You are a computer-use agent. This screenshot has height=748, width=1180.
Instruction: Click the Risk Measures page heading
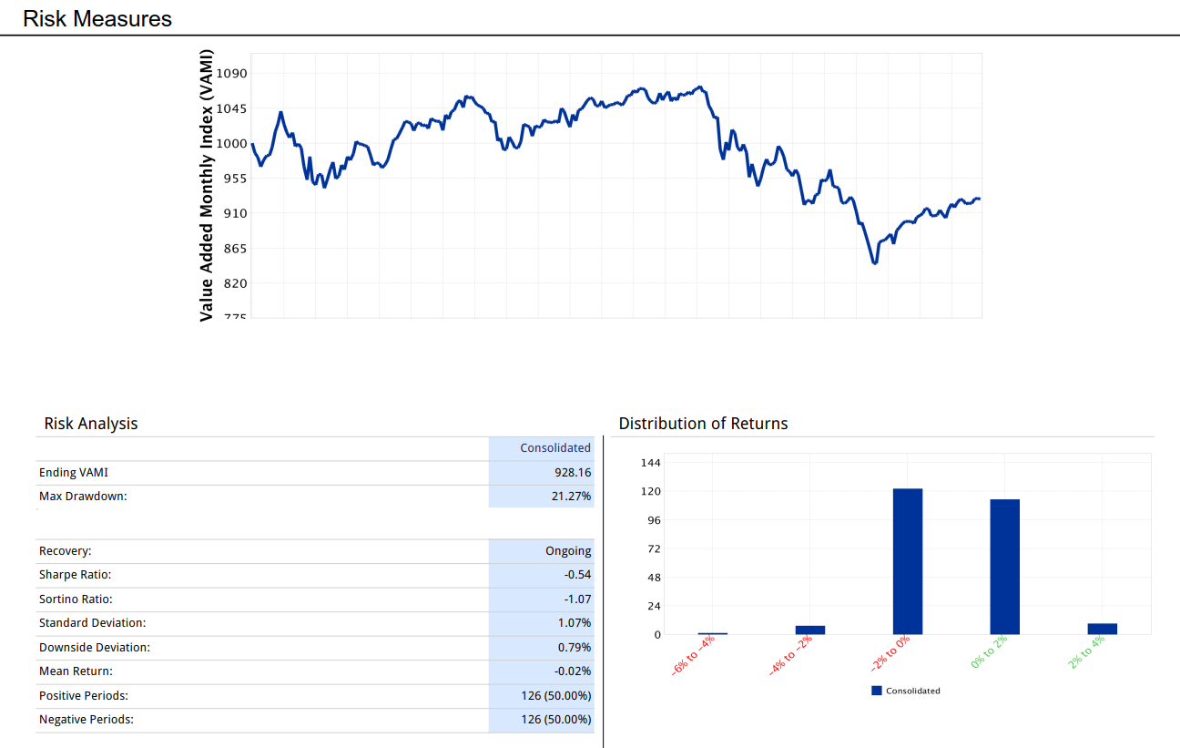(x=97, y=18)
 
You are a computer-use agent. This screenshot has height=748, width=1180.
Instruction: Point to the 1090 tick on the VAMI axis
(x=232, y=73)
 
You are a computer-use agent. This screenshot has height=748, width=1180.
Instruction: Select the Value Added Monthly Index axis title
(x=207, y=185)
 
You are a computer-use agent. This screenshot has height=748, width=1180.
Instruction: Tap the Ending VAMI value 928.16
(x=573, y=473)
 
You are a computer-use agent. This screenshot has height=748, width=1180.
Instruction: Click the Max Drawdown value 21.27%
(x=571, y=497)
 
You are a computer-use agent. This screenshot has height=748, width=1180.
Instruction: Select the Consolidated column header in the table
(x=555, y=447)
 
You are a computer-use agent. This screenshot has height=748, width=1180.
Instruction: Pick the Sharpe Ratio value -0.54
(x=578, y=575)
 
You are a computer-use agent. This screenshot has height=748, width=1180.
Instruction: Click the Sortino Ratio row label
(x=76, y=599)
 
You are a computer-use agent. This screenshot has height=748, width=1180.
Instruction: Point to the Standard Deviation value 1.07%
(x=575, y=623)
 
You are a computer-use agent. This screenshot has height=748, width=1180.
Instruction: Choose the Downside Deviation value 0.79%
(x=575, y=647)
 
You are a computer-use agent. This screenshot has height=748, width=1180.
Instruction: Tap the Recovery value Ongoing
(x=568, y=551)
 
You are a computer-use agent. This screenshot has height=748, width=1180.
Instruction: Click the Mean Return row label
(x=76, y=671)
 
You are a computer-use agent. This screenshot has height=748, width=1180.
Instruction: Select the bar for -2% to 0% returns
(x=908, y=561)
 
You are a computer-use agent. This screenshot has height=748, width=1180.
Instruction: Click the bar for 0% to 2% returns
(x=1005, y=567)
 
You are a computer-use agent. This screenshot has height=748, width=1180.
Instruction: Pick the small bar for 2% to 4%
(x=1103, y=629)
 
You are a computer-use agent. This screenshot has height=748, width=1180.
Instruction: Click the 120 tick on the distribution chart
(x=651, y=491)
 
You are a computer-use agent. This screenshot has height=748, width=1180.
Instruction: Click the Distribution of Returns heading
(x=703, y=424)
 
